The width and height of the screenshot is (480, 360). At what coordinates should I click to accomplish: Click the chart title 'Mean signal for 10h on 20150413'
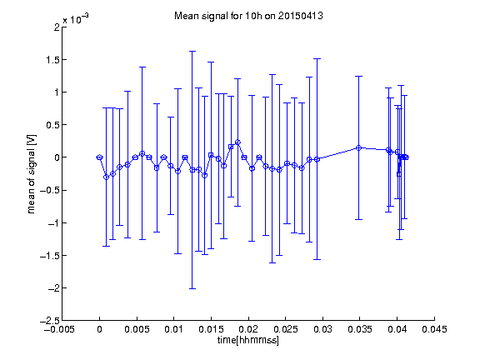pyautogui.click(x=248, y=16)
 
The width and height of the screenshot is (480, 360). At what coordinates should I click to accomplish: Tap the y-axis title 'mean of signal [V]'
pyautogui.click(x=32, y=174)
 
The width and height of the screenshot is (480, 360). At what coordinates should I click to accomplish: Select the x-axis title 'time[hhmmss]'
pyautogui.click(x=248, y=340)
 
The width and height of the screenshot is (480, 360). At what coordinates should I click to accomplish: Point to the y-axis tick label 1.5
pyautogui.click(x=52, y=60)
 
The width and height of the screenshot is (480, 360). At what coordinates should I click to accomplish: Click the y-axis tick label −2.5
pyautogui.click(x=50, y=321)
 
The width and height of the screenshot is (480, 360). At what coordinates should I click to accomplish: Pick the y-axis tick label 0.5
pyautogui.click(x=52, y=125)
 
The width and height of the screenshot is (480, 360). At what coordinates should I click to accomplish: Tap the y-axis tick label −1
pyautogui.click(x=53, y=222)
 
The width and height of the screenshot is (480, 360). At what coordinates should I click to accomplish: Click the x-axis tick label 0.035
pyautogui.click(x=360, y=329)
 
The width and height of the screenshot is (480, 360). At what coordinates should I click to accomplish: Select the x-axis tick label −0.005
pyautogui.click(x=59, y=329)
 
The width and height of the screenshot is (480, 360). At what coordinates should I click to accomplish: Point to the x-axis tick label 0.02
pyautogui.click(x=248, y=329)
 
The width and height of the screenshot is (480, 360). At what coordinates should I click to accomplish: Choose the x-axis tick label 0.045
pyautogui.click(x=434, y=329)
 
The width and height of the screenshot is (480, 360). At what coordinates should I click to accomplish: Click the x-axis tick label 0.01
pyautogui.click(x=173, y=329)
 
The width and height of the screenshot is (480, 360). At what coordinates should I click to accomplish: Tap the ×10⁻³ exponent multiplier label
pyautogui.click(x=76, y=18)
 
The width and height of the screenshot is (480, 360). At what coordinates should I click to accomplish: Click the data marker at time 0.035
pyautogui.click(x=359, y=147)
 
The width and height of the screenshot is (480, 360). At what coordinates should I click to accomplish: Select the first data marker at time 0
pyautogui.click(x=99, y=157)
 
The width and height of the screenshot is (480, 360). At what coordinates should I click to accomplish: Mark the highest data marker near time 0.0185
pyautogui.click(x=237, y=142)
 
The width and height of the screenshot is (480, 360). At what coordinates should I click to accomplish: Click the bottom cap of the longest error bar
pyautogui.click(x=192, y=288)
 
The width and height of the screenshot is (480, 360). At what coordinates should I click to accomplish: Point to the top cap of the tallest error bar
pyautogui.click(x=192, y=52)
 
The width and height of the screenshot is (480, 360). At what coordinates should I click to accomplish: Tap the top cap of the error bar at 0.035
pyautogui.click(x=359, y=76)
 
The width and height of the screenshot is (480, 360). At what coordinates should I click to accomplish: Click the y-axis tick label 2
pyautogui.click(x=57, y=27)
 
